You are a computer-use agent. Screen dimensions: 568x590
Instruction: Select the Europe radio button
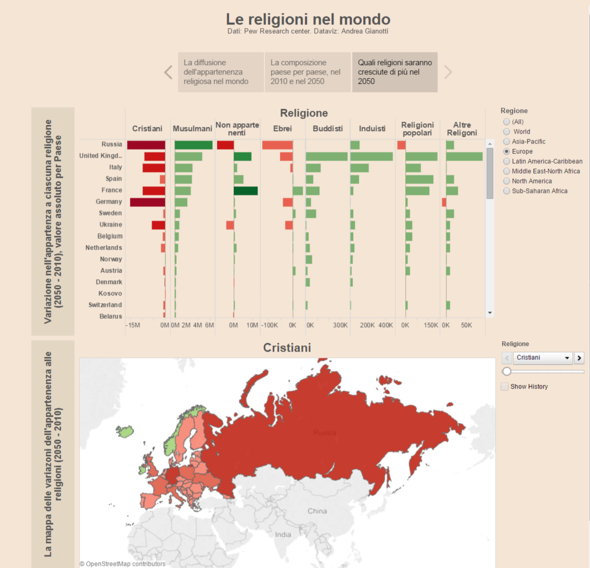(507, 151)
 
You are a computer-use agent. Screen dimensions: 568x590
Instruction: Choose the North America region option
(507, 181)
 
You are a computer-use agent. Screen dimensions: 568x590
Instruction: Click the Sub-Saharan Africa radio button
(507, 191)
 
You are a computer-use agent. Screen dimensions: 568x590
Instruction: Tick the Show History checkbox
(504, 386)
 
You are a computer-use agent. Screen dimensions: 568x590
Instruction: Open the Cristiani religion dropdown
(542, 358)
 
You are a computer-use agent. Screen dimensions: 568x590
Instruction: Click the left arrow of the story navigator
(168, 72)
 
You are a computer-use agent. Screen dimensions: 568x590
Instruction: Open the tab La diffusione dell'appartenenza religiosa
(221, 72)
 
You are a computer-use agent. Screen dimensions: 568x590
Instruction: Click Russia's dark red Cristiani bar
(146, 145)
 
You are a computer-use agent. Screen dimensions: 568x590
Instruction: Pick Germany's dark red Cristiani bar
(147, 202)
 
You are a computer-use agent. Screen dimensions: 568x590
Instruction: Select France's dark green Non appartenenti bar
(246, 190)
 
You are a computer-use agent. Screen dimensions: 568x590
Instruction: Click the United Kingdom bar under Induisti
(371, 157)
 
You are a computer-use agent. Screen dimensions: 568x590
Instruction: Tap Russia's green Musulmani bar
(194, 145)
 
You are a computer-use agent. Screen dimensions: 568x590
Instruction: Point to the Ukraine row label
(111, 225)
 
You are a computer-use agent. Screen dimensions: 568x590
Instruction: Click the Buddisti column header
(328, 128)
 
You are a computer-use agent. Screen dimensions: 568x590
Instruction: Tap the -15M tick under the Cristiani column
(133, 325)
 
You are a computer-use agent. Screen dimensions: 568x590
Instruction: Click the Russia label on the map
(325, 432)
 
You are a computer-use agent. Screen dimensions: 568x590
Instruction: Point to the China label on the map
(317, 511)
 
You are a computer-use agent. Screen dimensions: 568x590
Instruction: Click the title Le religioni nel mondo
(308, 19)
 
